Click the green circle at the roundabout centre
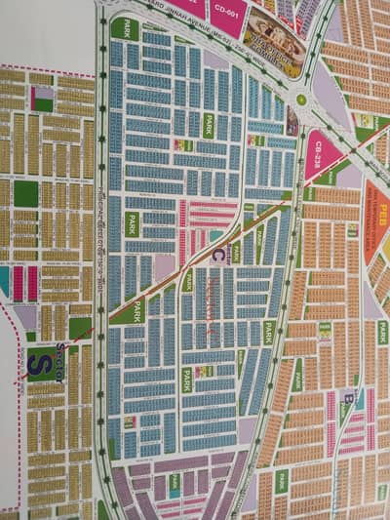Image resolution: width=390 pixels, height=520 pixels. pos(301,99)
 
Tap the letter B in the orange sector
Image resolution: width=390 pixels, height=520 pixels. pos(346,397)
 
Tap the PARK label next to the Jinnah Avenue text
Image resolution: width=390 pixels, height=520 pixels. pos(125,28)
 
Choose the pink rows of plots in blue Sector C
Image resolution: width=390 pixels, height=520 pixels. pos(204,218)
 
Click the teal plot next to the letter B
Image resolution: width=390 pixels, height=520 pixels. pos(359,399)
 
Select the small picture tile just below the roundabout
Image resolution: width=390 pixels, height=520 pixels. pos(292,120)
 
